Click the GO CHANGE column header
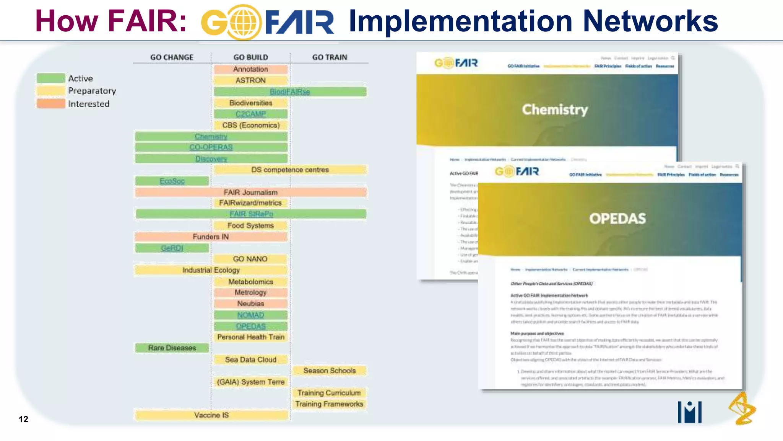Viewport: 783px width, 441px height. tap(172, 57)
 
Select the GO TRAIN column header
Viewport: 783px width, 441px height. tap(330, 57)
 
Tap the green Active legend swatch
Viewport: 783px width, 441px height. tap(51, 78)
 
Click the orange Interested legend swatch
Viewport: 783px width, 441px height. tap(51, 104)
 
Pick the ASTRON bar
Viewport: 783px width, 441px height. tap(250, 80)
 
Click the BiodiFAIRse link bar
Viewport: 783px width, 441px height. tap(290, 92)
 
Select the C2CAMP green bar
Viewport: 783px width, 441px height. tap(250, 114)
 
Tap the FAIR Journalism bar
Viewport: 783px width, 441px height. tap(250, 192)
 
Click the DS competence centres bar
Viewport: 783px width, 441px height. tap(290, 170)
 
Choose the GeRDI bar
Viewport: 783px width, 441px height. tap(172, 248)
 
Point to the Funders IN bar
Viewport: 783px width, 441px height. tap(211, 237)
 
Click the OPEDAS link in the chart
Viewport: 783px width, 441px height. tap(250, 326)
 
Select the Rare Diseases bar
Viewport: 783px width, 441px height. tap(172, 348)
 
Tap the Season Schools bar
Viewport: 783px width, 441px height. tap(329, 371)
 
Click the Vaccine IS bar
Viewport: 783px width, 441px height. tap(211, 415)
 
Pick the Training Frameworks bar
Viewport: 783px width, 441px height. tap(329, 404)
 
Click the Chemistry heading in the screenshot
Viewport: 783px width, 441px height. tap(555, 109)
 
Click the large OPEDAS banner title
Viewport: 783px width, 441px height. tap(617, 219)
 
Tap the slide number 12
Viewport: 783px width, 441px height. tap(23, 419)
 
